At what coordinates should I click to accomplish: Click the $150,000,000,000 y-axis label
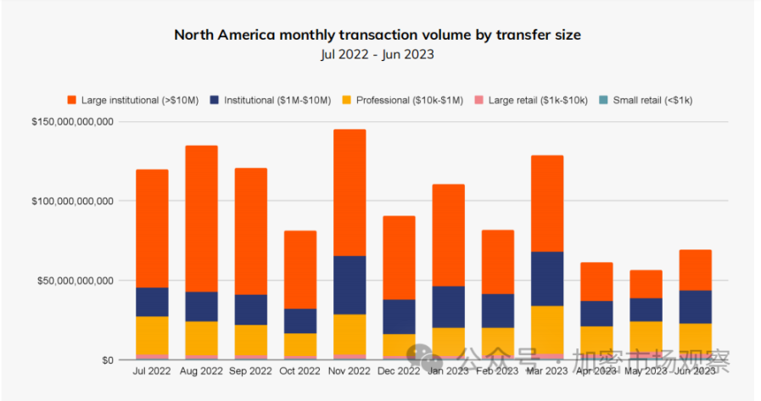[x=72, y=122]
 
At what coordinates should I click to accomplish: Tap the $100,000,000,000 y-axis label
[x=72, y=201]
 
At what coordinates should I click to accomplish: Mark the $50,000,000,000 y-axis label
[x=76, y=281]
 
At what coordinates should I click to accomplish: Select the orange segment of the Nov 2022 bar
[x=350, y=192]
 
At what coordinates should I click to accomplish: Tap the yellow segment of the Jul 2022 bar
[x=152, y=335]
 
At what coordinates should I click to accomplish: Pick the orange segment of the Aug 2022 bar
[x=201, y=219]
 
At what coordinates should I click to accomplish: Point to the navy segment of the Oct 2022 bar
[x=300, y=320]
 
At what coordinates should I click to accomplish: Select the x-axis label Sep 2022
[x=251, y=371]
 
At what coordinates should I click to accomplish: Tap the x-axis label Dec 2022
[x=399, y=371]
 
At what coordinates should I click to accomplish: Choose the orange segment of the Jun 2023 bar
[x=696, y=270]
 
